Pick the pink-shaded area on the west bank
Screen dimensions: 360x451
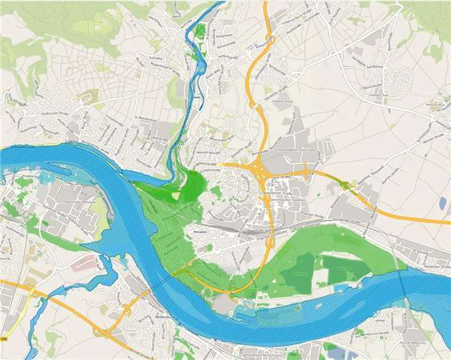[82, 264]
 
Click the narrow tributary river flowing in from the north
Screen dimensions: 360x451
[190, 79]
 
